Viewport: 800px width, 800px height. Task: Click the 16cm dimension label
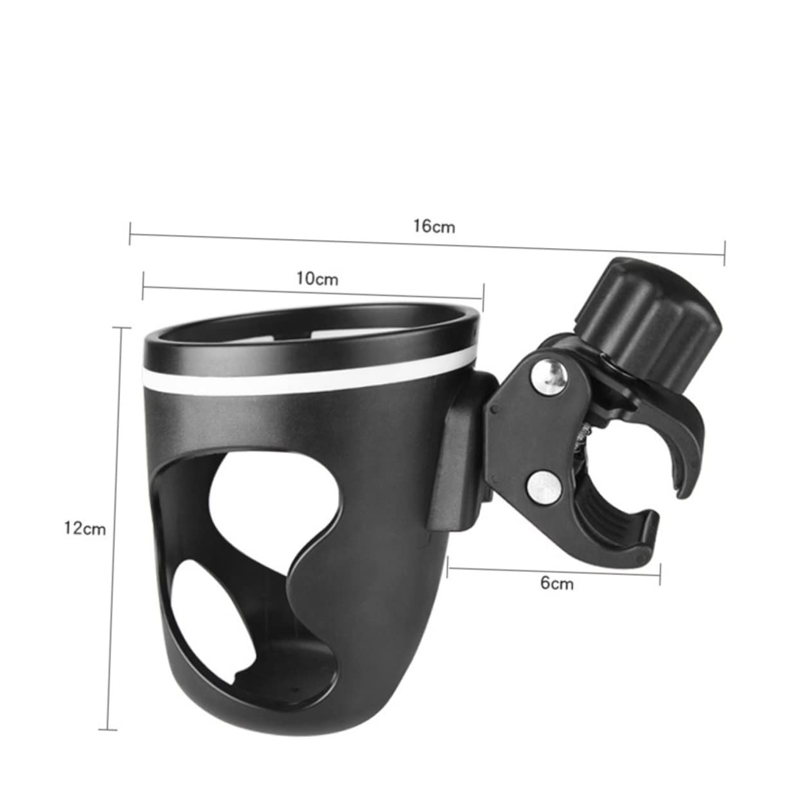pos(434,226)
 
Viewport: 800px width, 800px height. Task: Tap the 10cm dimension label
pos(317,278)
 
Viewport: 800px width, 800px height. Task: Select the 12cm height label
pos(85,528)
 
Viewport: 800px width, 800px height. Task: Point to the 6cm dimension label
pos(556,583)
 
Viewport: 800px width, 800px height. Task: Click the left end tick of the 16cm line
pos(130,233)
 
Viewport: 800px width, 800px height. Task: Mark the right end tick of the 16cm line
pos(724,253)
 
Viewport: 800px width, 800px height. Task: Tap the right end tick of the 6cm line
pos(659,576)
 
